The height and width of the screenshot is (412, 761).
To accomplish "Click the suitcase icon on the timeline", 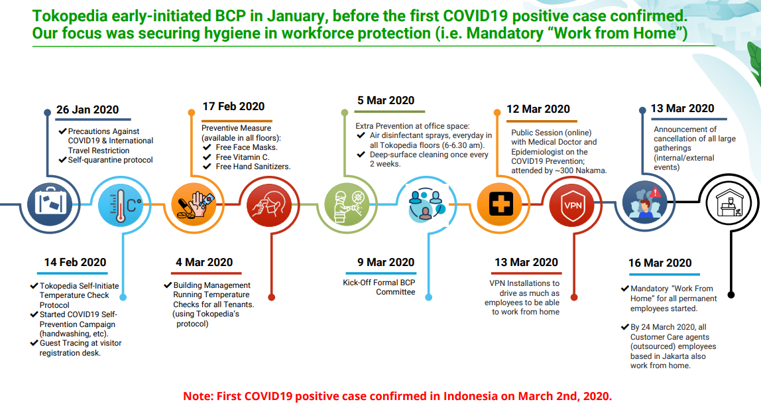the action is pos(50,204).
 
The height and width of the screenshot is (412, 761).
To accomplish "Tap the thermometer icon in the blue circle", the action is pos(121,204).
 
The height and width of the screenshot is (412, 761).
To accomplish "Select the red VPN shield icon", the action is pos(572,205).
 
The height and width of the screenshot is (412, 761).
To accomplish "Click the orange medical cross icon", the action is pos(500,204).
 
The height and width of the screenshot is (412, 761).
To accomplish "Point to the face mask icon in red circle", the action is pos(269,204).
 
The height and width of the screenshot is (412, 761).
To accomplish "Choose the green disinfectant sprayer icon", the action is pos(347,204).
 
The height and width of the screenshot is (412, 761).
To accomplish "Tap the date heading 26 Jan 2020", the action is pos(88,110).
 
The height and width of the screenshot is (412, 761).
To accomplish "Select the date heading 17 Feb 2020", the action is pos(233,106).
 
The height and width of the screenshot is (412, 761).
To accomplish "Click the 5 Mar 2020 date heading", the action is pos(386,101).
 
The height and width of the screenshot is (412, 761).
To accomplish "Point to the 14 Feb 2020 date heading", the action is pos(75,262).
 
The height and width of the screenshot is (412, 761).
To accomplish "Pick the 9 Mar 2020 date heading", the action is pos(386,262).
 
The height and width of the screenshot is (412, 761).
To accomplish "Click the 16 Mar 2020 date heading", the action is pos(660,263).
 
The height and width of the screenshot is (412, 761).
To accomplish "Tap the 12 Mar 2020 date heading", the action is pos(538,109).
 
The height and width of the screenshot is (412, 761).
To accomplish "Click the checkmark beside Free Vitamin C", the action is pos(207,157).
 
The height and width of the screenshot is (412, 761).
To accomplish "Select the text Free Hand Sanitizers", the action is pos(253,166).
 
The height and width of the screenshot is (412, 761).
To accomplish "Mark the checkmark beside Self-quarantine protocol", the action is pos(62,160).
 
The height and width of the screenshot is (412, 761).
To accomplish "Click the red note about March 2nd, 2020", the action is pos(398,396).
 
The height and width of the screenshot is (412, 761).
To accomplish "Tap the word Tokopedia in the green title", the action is pos(70,16).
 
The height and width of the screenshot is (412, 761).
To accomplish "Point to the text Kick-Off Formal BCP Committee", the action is pos(379,287).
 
